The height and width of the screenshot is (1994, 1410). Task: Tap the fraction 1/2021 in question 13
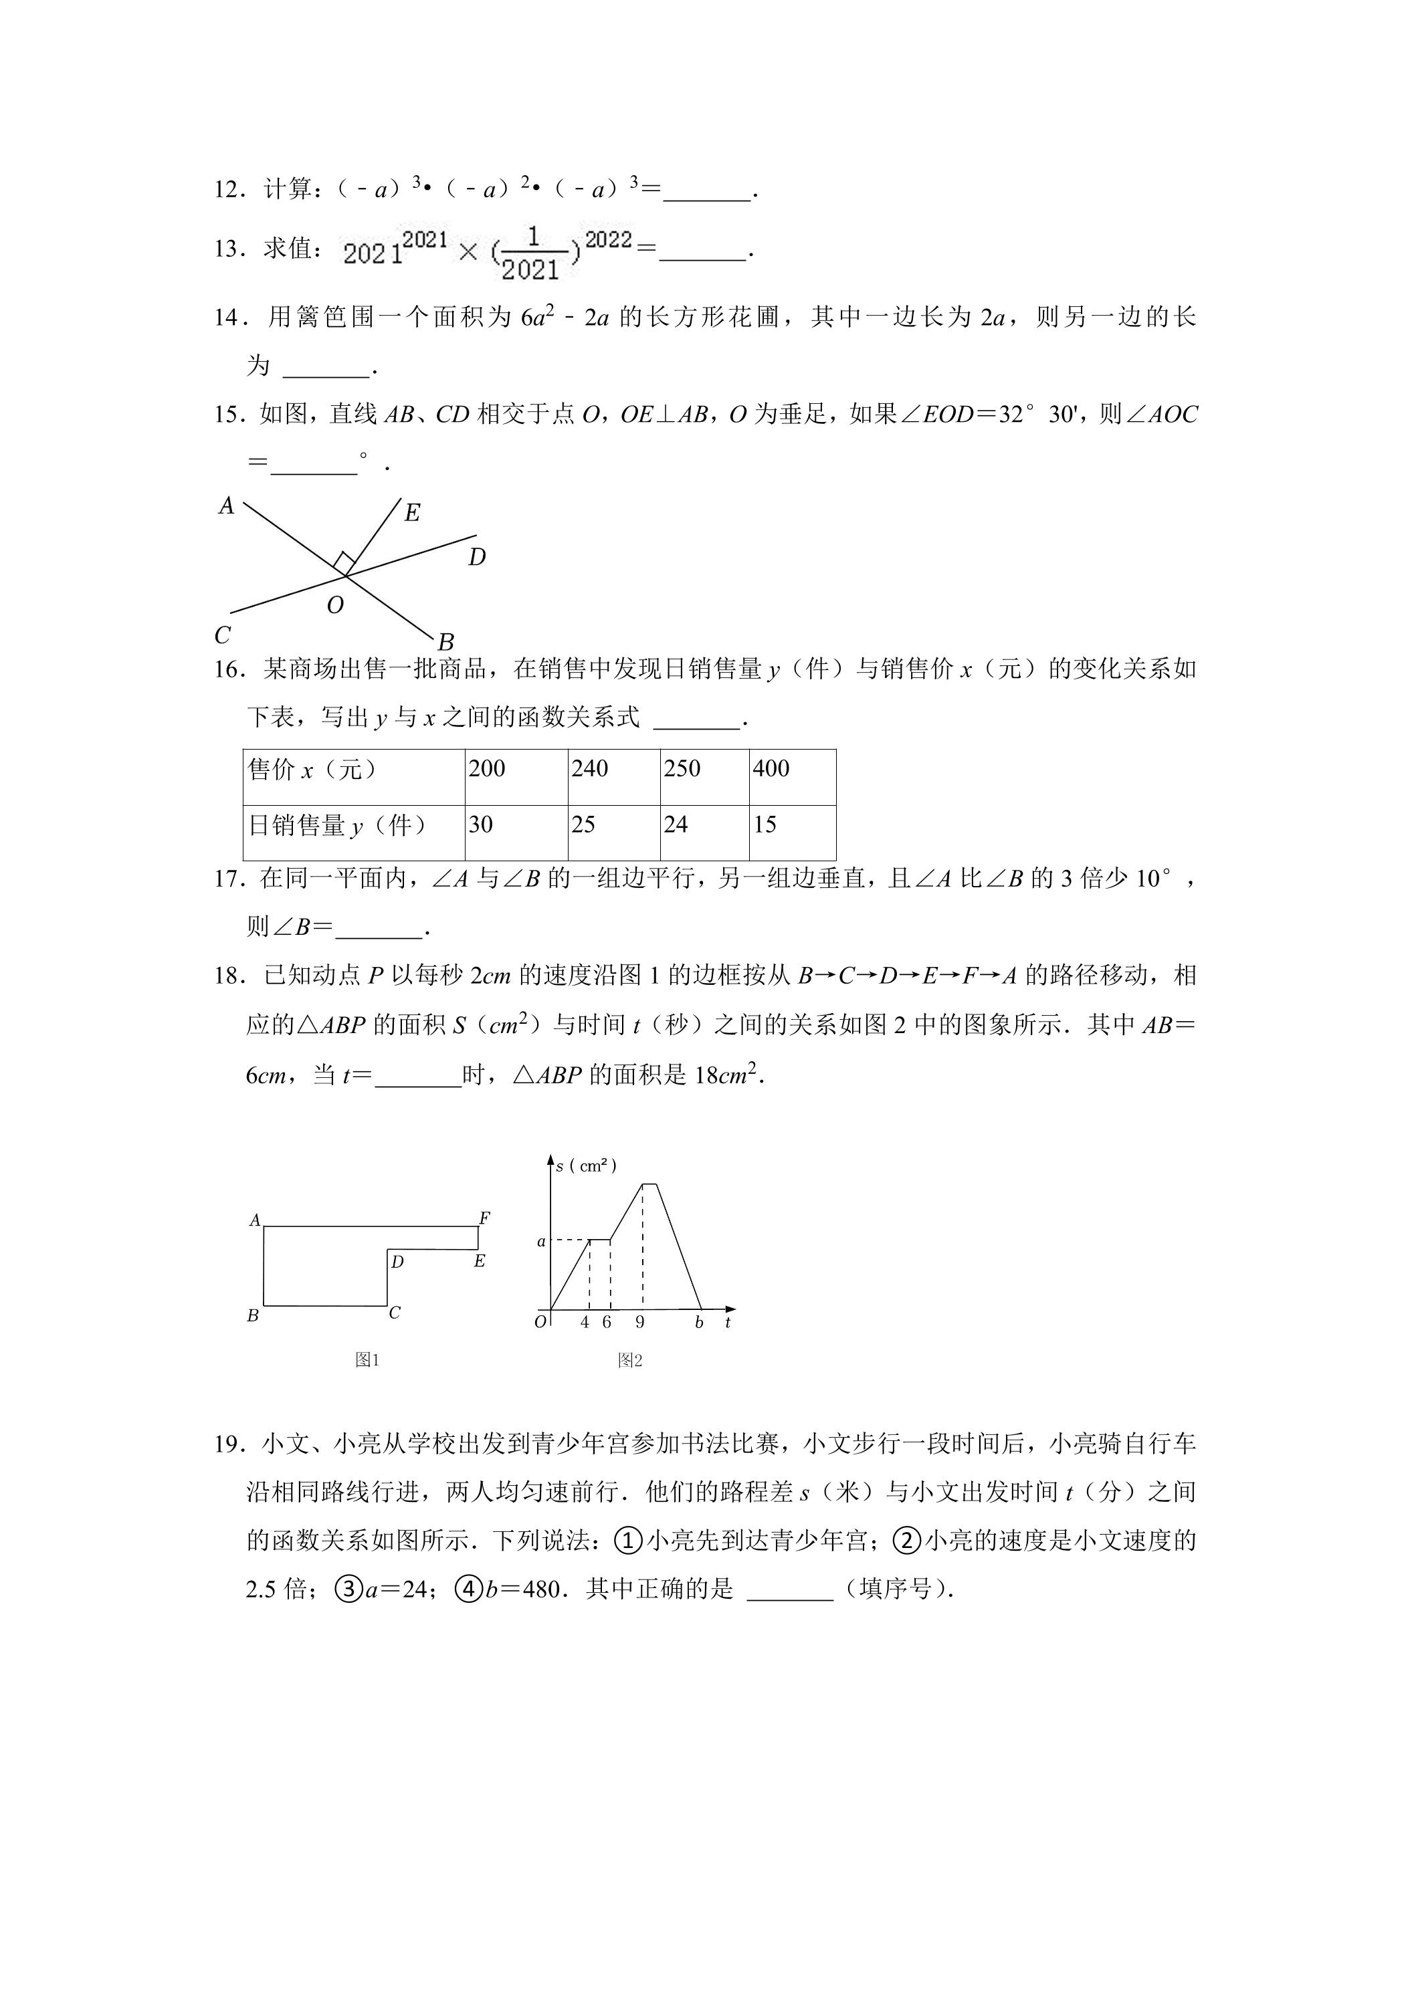(x=532, y=253)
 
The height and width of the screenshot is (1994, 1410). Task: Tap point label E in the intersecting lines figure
(x=413, y=514)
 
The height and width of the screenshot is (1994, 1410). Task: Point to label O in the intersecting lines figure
(x=335, y=605)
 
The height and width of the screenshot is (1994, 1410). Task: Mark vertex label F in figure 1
(x=484, y=1218)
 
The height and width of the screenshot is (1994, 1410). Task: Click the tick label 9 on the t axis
(x=640, y=1323)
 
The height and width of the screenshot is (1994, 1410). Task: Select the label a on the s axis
(x=541, y=1242)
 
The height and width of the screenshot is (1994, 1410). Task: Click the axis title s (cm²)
(x=587, y=1166)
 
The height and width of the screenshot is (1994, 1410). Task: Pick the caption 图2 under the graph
(x=630, y=1361)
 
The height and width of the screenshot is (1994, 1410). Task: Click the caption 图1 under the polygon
(x=367, y=1360)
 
